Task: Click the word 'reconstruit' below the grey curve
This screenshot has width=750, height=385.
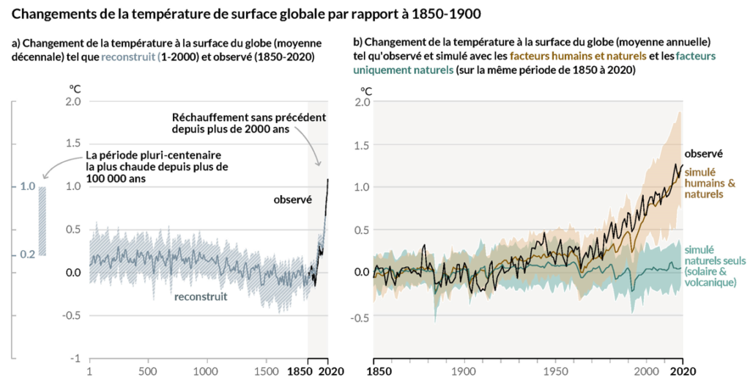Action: click(201, 296)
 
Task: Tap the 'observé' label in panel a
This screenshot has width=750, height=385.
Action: click(293, 199)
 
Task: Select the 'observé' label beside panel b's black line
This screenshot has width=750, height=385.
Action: click(704, 154)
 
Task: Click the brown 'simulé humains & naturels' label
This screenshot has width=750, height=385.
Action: click(704, 183)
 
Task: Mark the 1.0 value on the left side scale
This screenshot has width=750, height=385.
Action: click(28, 187)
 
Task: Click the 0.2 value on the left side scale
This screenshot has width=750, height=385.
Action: click(28, 254)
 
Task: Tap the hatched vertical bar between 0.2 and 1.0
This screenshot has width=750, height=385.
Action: click(42, 221)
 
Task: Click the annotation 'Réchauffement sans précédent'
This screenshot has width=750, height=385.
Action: click(248, 117)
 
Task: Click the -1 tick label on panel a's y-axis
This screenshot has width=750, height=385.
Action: click(74, 358)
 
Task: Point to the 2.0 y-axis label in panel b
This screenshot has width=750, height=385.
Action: click(359, 101)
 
